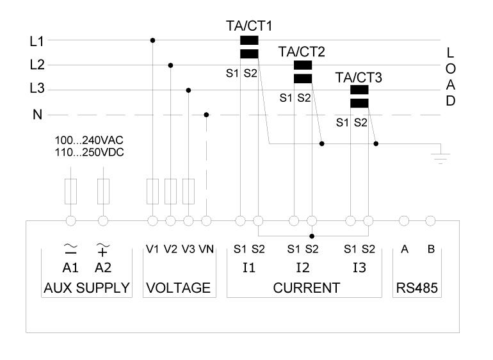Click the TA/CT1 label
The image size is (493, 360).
(x=249, y=26)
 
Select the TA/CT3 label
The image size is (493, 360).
(x=359, y=78)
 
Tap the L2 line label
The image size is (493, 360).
(x=37, y=65)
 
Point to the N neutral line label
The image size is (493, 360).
(x=37, y=115)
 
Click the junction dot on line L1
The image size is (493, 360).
(x=152, y=40)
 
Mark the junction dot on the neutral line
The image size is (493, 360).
(x=206, y=115)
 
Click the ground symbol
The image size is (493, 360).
(x=440, y=158)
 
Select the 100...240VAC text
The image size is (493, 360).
(x=89, y=140)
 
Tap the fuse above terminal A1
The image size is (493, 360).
(x=70, y=192)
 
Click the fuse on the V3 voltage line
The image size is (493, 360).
(x=188, y=192)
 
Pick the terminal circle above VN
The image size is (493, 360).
(x=206, y=221)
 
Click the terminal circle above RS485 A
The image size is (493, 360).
(x=404, y=221)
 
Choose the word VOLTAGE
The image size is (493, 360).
(x=178, y=288)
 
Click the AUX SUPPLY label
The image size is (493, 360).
(x=86, y=288)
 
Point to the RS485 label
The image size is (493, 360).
(x=417, y=288)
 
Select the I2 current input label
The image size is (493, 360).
(x=303, y=268)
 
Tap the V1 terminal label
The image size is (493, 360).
(x=152, y=249)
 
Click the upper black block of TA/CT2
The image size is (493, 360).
(x=303, y=65)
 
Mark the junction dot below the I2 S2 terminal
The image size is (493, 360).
(x=312, y=236)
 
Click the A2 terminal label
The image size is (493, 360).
(x=103, y=268)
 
